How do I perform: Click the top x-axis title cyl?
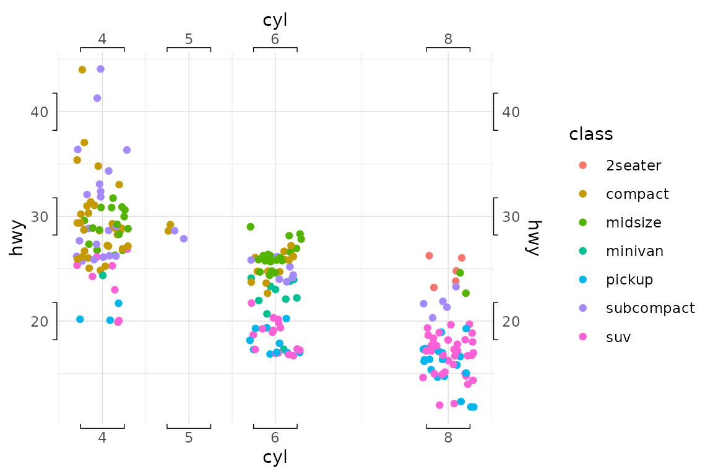(275, 20)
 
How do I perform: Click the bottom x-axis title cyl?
(275, 457)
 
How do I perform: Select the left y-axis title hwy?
(18, 237)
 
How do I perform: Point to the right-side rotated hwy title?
(532, 237)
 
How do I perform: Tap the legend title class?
(591, 134)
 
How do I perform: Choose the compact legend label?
(637, 194)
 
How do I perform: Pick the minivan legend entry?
(635, 251)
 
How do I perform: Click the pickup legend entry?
(629, 280)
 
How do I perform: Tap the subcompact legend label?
(650, 308)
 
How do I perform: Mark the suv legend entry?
(619, 337)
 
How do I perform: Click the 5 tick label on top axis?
(189, 39)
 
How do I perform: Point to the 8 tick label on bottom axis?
(448, 438)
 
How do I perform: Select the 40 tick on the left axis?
(39, 112)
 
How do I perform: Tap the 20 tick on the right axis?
(511, 322)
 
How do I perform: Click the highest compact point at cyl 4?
(82, 70)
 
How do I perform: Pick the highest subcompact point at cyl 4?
(100, 69)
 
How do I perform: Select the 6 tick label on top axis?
(275, 39)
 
